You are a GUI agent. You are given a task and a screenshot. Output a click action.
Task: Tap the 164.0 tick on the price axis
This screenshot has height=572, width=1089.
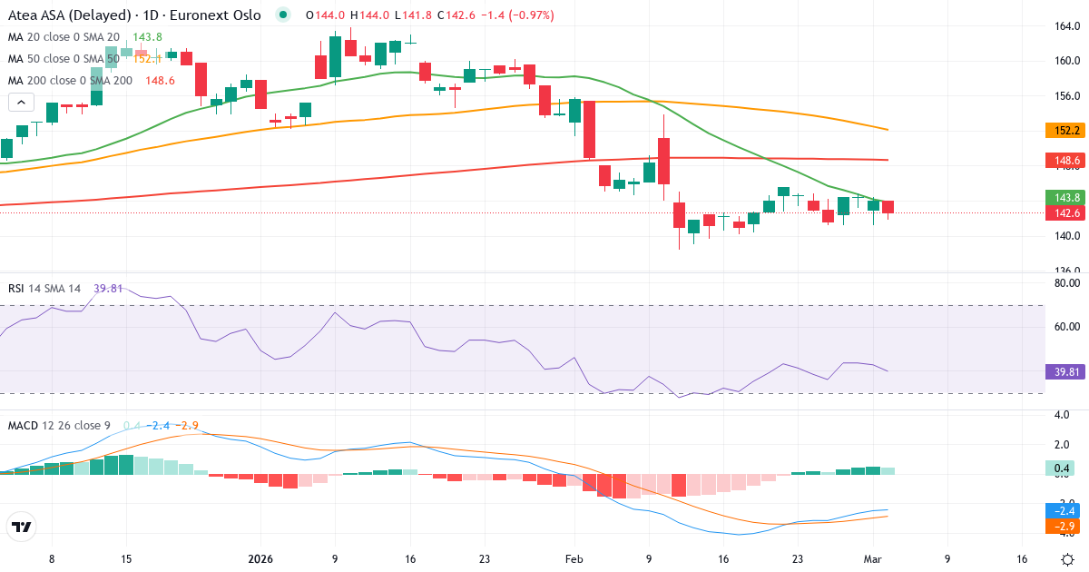(1066, 26)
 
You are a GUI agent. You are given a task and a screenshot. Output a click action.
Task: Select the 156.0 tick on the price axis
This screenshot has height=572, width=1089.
(1066, 96)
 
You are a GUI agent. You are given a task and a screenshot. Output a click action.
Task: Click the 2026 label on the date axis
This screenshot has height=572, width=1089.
(260, 559)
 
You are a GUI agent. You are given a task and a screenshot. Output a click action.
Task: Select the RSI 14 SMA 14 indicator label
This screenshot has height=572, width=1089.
(44, 289)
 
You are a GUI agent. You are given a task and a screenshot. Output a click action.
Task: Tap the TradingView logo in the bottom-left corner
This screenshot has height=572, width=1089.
(21, 527)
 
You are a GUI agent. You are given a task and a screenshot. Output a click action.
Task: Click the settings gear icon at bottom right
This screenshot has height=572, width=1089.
(1067, 558)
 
